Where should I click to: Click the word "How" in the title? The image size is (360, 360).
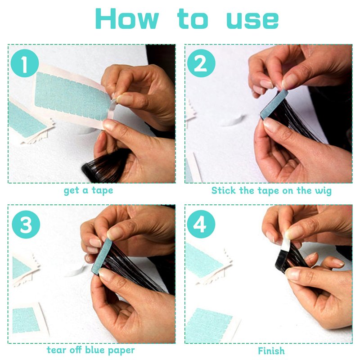point(127,18)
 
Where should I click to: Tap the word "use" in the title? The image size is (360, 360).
point(252,20)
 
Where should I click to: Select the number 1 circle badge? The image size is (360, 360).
point(25,63)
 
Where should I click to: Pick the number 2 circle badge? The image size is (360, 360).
point(201,63)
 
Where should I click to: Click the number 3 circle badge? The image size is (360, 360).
point(26,224)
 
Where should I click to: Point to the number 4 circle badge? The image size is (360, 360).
point(201,224)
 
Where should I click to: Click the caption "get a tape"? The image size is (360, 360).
point(88,190)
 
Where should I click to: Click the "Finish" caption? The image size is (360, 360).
point(271,351)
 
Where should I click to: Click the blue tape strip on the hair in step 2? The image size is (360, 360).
point(274,104)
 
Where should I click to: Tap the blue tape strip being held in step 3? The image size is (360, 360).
point(102,255)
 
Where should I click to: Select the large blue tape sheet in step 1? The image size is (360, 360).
point(72,96)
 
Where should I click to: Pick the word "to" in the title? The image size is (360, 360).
point(193,18)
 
